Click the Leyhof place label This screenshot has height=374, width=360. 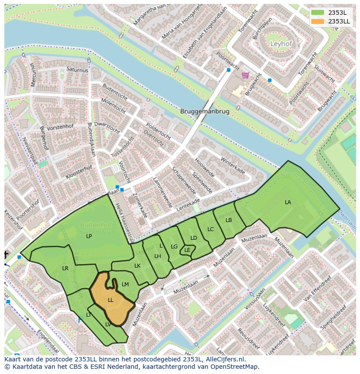pos(281,44)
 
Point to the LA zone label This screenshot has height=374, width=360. pos(288,202)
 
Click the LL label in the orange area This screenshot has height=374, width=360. pos(111,300)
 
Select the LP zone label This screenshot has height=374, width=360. pos(89,236)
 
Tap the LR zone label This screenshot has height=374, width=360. pos(65,268)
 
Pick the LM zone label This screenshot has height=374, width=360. pos(125,285)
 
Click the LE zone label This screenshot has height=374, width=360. pos(187,250)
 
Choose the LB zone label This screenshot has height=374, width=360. pos(229,220)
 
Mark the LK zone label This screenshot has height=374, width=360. pos(137,266)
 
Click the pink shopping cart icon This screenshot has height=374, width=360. pos(246,75)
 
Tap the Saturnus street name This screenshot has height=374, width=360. pos(77,70)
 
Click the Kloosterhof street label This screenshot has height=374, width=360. pos(79,172)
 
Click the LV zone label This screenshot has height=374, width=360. pos(108,324)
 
